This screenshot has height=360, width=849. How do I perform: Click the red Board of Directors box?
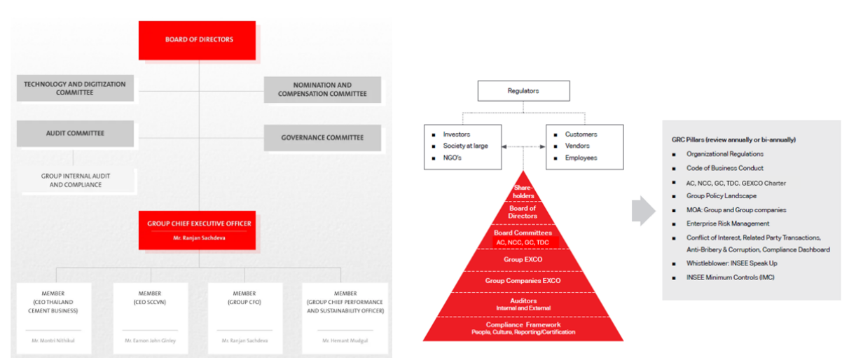199,40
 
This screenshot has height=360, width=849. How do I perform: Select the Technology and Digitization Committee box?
75,88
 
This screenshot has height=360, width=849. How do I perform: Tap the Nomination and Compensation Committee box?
322,89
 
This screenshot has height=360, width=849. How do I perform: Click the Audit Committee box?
75,133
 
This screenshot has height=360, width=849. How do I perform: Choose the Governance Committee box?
322,138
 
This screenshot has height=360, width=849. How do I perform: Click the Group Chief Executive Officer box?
199,230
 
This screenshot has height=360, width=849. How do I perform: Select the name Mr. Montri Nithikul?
54,340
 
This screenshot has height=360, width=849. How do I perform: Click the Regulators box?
523,91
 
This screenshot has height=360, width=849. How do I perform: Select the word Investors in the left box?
457,134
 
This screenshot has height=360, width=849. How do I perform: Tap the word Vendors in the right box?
577,146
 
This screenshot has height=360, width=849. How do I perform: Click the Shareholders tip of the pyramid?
523,192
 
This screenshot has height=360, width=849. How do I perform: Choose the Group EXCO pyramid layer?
523,260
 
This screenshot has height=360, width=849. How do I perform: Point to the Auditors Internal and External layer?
523,303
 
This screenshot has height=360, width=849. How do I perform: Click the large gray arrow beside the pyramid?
643,211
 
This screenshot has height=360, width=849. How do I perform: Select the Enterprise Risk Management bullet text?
728,223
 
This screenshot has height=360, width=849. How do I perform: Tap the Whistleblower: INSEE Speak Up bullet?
731,263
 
